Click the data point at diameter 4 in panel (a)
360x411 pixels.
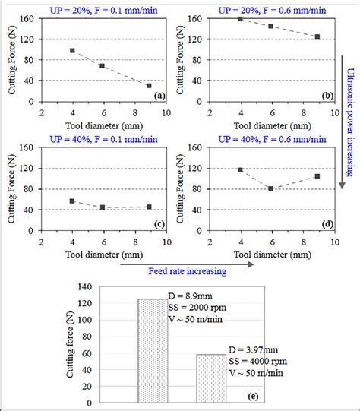72,50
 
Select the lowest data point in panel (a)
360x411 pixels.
149,86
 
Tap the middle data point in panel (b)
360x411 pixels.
270,26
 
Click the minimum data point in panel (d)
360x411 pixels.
270,188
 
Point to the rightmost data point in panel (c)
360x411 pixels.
149,207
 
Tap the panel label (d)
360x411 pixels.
327,224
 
